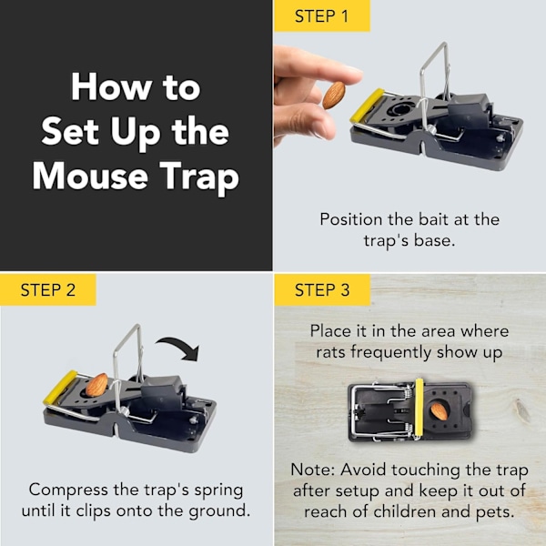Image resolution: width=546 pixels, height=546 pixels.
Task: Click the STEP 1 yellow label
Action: point(322,15)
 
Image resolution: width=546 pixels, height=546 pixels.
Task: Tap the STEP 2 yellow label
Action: point(48,289)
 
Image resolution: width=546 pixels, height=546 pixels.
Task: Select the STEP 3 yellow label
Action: point(322,289)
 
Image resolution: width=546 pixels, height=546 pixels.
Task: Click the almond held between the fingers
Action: point(334,95)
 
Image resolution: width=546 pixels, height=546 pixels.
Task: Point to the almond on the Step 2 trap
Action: point(96,385)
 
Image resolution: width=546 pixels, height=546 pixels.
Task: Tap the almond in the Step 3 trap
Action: point(440,411)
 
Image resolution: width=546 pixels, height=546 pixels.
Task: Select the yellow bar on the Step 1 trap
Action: point(367,106)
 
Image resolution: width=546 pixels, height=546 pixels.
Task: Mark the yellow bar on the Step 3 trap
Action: point(420,408)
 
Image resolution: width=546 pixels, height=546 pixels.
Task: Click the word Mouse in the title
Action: point(90,177)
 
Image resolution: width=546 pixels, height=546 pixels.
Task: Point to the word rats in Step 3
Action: point(331,352)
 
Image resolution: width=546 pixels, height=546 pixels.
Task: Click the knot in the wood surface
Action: point(522,410)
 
